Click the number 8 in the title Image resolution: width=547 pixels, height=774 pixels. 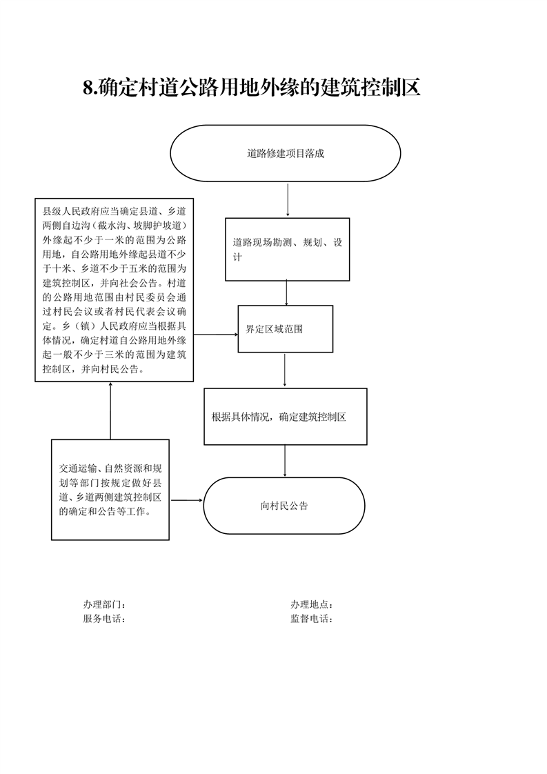(88, 88)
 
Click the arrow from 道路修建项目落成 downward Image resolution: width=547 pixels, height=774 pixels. (288, 200)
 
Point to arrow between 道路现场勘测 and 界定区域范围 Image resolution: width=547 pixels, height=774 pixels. (286, 292)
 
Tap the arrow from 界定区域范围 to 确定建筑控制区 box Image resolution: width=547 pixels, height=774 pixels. (284, 370)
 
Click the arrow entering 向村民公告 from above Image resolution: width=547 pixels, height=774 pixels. (285, 461)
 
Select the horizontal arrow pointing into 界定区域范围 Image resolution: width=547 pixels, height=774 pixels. (216, 334)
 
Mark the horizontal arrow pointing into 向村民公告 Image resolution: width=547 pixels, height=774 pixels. (187, 501)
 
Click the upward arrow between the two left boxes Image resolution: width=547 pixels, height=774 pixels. (110, 410)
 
